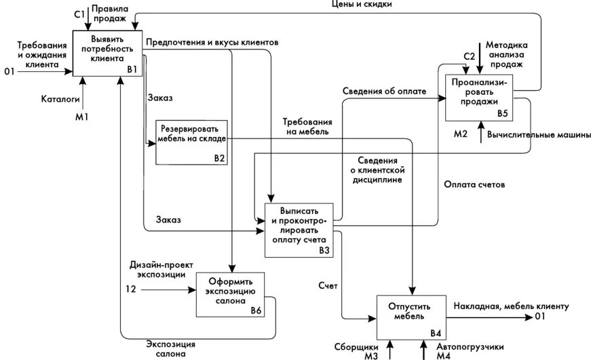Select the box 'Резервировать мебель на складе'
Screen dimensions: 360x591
pos(191,142)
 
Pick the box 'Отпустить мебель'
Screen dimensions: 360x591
pos(408,316)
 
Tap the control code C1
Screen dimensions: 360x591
pos(79,13)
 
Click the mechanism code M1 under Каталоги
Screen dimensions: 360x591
pos(81,116)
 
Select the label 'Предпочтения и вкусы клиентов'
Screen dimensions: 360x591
pos(212,42)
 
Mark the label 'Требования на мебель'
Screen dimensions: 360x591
pos(306,126)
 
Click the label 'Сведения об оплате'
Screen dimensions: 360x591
pos(384,91)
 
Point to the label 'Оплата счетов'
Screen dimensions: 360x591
pos(474,184)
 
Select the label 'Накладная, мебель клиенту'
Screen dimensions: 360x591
pos(511,305)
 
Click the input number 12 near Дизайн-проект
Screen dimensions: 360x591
pos(131,289)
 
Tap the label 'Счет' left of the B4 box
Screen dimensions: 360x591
pos(328,286)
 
